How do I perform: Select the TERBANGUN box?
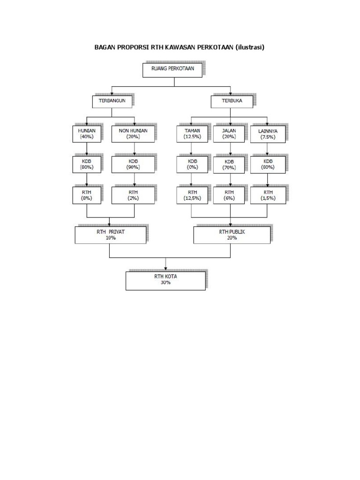(x=112, y=102)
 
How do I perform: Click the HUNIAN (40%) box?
(x=86, y=134)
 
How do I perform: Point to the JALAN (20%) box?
(x=230, y=134)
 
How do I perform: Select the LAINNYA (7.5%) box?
(x=268, y=134)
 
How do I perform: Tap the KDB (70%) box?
(x=230, y=164)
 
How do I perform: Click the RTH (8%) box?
(x=86, y=195)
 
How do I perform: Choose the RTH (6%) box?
(x=230, y=195)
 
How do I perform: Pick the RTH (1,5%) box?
(x=268, y=195)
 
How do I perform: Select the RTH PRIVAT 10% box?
(x=111, y=235)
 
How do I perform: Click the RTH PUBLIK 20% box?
(x=232, y=235)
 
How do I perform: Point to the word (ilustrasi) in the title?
(x=250, y=47)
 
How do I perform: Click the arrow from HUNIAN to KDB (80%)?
(x=87, y=149)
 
